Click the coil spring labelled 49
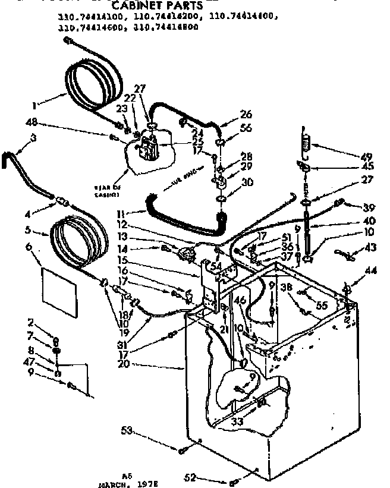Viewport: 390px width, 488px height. (x=307, y=143)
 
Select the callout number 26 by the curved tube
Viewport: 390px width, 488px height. (x=246, y=114)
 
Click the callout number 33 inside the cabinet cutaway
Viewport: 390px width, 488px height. (x=221, y=423)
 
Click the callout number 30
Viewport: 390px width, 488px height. (x=245, y=182)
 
